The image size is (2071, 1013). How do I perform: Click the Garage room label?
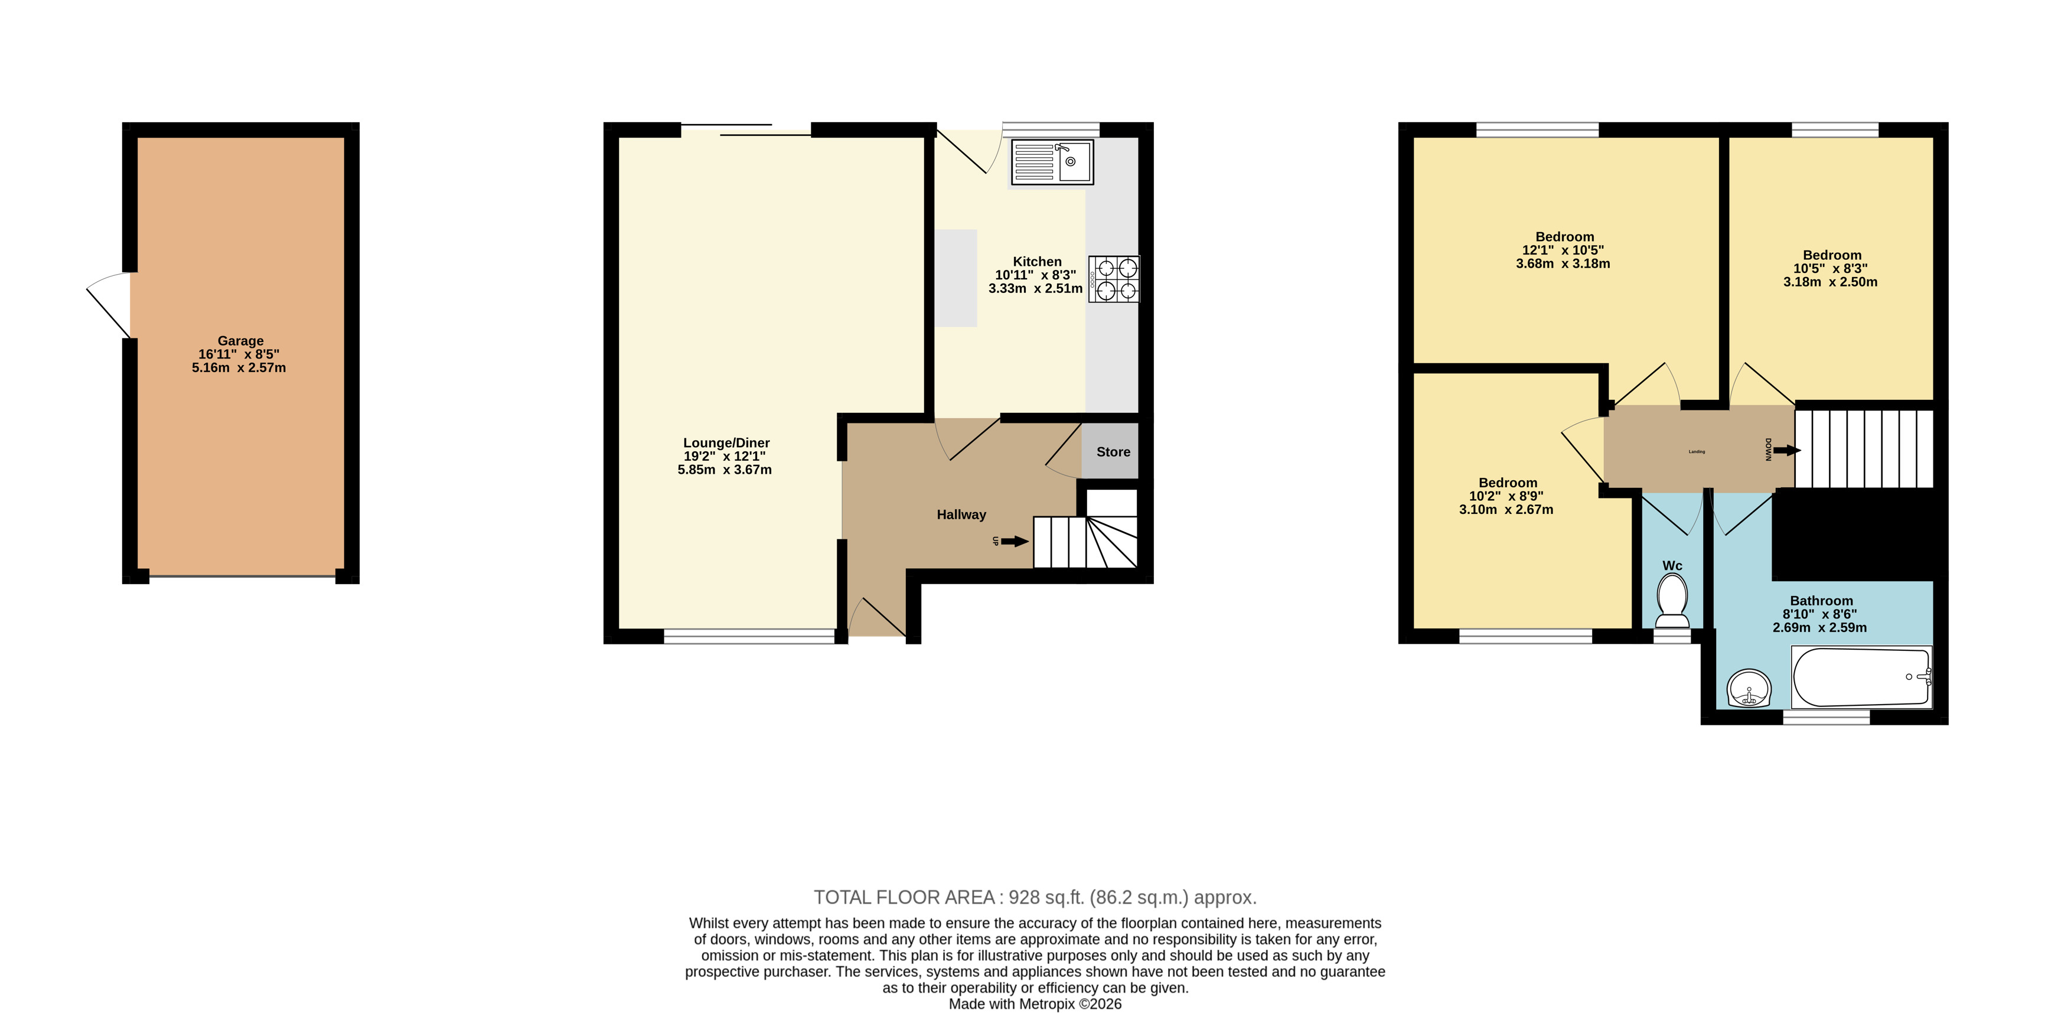pyautogui.click(x=240, y=341)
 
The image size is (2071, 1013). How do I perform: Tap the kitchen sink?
pyautogui.click(x=1052, y=162)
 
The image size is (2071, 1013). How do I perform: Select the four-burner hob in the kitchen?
pyautogui.click(x=1114, y=279)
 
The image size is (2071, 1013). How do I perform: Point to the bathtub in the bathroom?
pyautogui.click(x=1862, y=677)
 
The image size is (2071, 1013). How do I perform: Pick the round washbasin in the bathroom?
pyautogui.click(x=1749, y=689)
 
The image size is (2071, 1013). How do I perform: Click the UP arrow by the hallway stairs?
pyautogui.click(x=1015, y=541)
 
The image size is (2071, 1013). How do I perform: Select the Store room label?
pyautogui.click(x=1114, y=452)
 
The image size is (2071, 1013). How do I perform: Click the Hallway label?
pyautogui.click(x=961, y=514)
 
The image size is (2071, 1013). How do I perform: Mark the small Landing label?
pyautogui.click(x=1697, y=452)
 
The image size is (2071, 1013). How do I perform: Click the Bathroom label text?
pyautogui.click(x=1822, y=601)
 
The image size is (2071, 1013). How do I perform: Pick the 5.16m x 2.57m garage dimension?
pyautogui.click(x=239, y=368)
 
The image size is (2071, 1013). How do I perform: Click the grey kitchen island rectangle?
pyautogui.click(x=955, y=278)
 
